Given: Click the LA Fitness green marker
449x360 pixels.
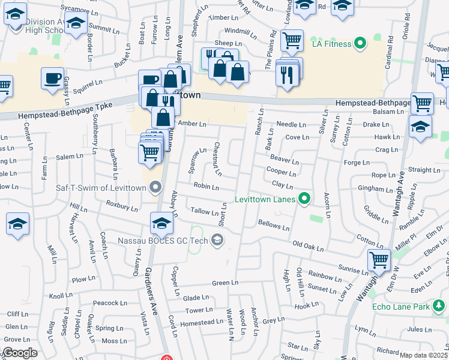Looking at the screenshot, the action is (x=360, y=43).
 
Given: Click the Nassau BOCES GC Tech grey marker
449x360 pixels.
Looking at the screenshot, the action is (x=217, y=241).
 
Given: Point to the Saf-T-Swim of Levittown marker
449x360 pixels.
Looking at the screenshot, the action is (x=156, y=188).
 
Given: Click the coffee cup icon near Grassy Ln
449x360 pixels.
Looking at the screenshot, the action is (x=53, y=78).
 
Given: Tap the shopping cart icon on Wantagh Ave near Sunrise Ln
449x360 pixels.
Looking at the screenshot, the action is (x=379, y=260).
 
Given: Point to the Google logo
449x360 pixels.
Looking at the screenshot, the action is (x=20, y=353).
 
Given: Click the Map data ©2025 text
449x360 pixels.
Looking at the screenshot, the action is (x=423, y=355).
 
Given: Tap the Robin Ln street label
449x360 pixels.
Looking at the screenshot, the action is (x=206, y=187).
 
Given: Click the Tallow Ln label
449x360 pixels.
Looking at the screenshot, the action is (x=204, y=212).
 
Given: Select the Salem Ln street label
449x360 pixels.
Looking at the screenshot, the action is (x=70, y=157).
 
